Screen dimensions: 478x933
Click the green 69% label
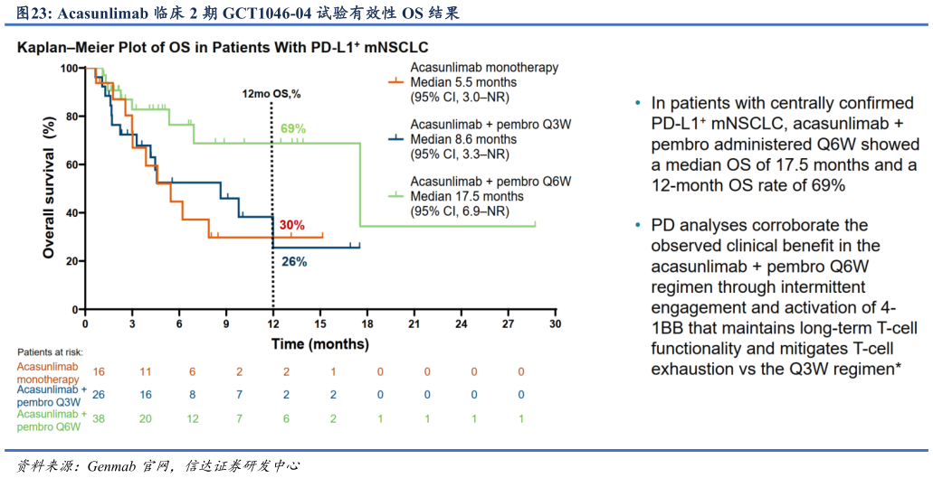click(x=292, y=129)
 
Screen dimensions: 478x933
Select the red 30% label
click(x=291, y=225)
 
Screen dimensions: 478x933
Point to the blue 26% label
click(x=294, y=262)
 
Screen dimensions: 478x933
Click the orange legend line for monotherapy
click(x=395, y=81)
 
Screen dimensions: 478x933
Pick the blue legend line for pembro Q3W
click(x=395, y=139)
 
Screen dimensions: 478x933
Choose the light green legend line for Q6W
click(x=395, y=195)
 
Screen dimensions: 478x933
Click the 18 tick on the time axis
click(x=367, y=323)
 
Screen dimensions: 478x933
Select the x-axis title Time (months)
click(x=320, y=344)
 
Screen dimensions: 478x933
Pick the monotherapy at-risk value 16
click(x=100, y=371)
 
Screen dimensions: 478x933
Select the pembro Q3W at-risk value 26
click(x=100, y=395)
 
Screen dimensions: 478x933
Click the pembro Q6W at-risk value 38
click(x=100, y=419)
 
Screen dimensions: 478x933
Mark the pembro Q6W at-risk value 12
click(x=193, y=419)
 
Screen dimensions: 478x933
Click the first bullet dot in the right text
click(x=639, y=102)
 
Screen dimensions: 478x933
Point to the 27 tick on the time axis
click(x=508, y=323)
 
